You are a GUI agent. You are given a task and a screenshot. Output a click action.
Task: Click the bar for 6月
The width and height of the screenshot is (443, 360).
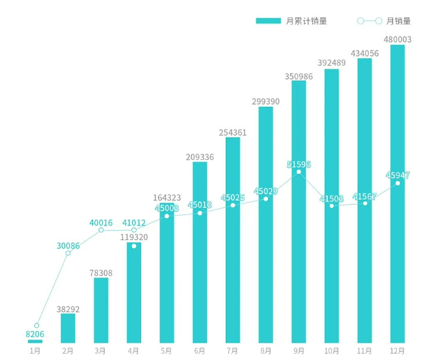(199, 251)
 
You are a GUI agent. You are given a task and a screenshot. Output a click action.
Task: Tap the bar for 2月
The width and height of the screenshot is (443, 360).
(68, 328)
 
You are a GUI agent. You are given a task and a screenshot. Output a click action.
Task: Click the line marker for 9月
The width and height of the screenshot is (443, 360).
(298, 172)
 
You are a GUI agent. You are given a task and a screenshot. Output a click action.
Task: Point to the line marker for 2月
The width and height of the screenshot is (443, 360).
(68, 253)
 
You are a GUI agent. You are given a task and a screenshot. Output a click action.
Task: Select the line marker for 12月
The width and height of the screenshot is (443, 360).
(397, 183)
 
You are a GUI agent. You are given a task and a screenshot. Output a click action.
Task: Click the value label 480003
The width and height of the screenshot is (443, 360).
(397, 39)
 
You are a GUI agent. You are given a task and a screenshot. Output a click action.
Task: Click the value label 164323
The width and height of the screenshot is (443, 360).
(167, 198)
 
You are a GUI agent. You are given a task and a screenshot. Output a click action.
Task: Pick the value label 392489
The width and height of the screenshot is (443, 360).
(332, 63)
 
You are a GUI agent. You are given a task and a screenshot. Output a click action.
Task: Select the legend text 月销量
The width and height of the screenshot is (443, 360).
(399, 21)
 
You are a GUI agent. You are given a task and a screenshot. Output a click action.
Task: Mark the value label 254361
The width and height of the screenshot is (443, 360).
(233, 132)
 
